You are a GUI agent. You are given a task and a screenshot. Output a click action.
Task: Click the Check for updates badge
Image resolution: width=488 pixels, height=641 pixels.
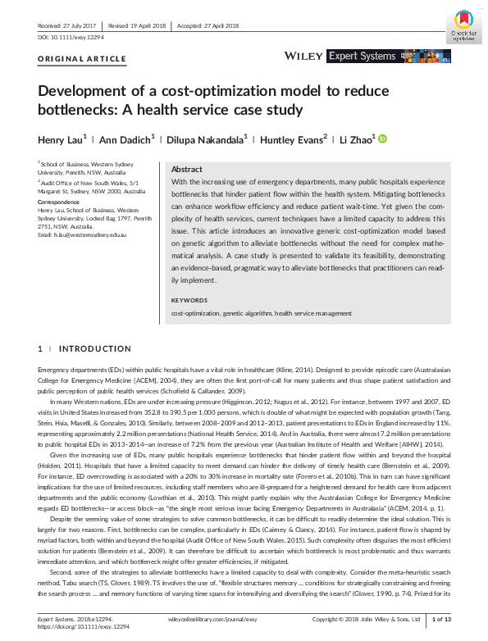(463, 27)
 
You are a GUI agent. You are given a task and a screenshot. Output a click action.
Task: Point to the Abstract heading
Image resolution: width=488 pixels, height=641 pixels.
(187, 168)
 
